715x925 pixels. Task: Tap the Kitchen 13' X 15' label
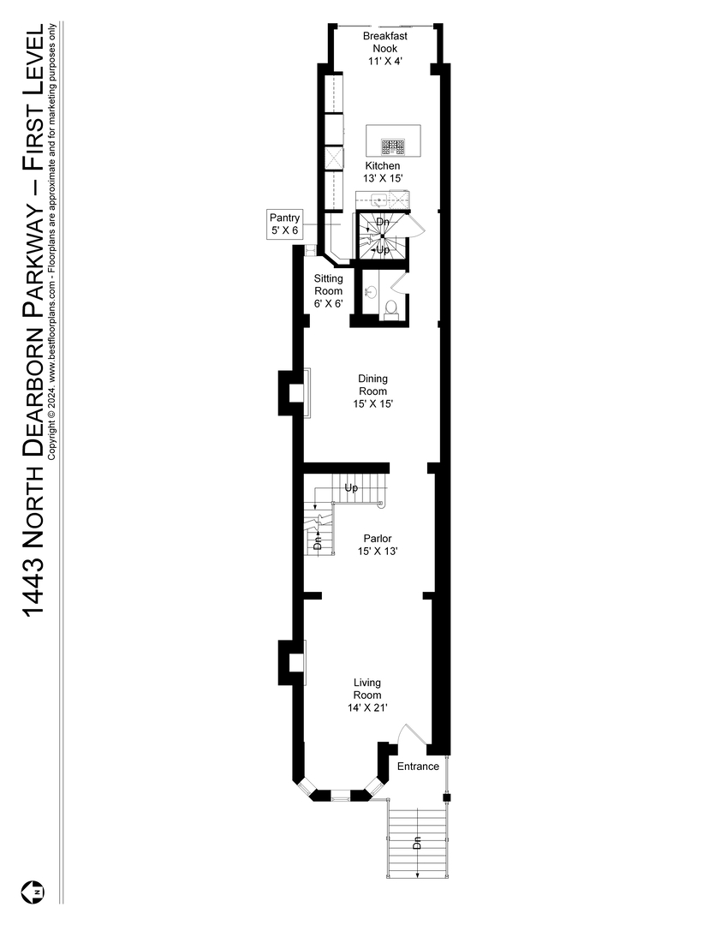(x=383, y=171)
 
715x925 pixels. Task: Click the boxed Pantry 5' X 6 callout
(x=284, y=224)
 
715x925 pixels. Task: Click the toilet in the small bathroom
(x=390, y=307)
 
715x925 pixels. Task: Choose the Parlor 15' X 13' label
(x=377, y=545)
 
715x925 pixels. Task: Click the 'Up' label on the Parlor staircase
(x=351, y=488)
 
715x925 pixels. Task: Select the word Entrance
(x=418, y=767)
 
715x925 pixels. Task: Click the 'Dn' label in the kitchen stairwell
(x=383, y=221)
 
